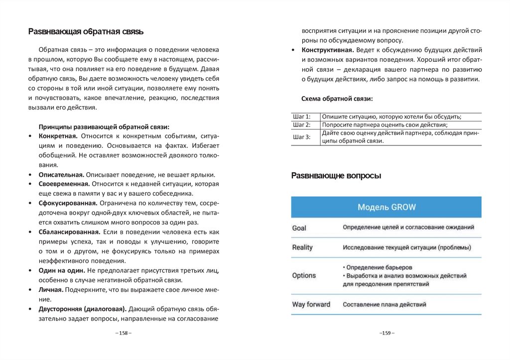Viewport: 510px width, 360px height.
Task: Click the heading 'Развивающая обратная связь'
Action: click(x=85, y=32)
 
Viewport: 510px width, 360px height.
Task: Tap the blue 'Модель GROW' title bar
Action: click(x=386, y=207)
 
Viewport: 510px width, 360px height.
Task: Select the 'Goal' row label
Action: click(x=299, y=228)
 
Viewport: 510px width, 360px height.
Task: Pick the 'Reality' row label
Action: click(x=302, y=247)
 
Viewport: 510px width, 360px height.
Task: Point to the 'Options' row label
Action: click(x=304, y=275)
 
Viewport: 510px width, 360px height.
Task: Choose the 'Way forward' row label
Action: click(x=311, y=304)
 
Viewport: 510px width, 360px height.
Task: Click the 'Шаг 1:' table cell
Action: click(x=302, y=117)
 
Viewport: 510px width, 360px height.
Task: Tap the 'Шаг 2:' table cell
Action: click(x=302, y=124)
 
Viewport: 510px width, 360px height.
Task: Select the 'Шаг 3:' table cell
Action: click(x=302, y=137)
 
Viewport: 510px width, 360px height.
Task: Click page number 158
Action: click(x=123, y=333)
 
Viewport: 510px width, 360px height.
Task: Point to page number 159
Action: click(x=386, y=333)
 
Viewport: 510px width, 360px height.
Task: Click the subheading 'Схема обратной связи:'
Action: click(x=337, y=99)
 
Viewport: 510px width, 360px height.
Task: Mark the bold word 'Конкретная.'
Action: click(x=58, y=136)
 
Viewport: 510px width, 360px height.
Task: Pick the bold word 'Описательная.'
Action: click(x=61, y=175)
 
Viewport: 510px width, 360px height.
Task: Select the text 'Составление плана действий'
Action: click(x=384, y=304)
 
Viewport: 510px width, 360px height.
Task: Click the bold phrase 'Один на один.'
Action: click(x=62, y=271)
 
